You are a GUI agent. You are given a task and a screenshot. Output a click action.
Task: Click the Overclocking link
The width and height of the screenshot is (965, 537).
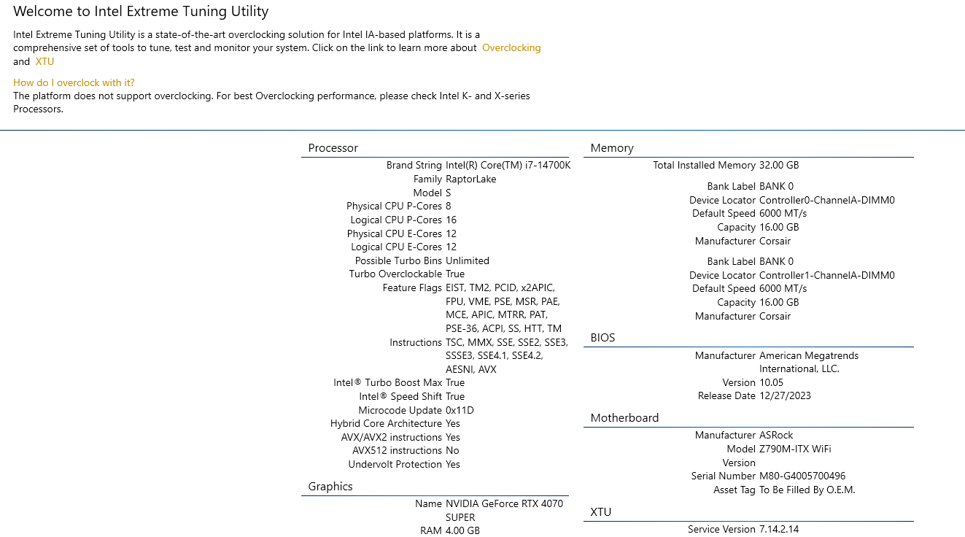[x=511, y=48]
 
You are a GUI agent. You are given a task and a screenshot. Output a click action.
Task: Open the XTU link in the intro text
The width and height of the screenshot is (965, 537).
[x=44, y=61]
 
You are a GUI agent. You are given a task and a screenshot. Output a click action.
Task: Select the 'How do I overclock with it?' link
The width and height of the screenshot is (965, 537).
[x=74, y=82]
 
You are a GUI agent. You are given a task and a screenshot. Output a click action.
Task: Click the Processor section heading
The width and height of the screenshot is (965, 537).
[x=333, y=148]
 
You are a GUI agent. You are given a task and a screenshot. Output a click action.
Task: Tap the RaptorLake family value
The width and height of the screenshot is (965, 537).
[x=471, y=179]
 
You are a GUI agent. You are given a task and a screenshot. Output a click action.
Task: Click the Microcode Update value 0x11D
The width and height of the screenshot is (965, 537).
[x=460, y=410]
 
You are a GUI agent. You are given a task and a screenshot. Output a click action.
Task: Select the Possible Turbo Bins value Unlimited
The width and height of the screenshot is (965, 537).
[x=468, y=260]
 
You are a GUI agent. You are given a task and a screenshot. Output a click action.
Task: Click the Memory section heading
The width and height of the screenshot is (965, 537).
[x=612, y=148]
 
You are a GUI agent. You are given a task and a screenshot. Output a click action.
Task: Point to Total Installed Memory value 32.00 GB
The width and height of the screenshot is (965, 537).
[x=779, y=166]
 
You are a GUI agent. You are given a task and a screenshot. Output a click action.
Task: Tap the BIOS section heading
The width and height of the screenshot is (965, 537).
[x=602, y=338]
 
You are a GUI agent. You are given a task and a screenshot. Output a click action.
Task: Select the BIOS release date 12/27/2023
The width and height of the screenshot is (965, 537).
[x=785, y=396]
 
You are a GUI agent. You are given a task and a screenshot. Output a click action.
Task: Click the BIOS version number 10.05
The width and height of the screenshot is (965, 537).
[x=771, y=383]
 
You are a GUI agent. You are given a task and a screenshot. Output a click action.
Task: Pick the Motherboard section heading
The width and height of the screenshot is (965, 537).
[x=624, y=418]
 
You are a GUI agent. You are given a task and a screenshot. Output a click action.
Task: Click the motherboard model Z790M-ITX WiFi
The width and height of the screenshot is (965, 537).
[x=795, y=449]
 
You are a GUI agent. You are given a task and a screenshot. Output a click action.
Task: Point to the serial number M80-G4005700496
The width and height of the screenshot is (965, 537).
[x=802, y=476]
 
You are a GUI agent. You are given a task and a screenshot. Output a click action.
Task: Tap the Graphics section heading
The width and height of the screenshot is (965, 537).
[x=330, y=487]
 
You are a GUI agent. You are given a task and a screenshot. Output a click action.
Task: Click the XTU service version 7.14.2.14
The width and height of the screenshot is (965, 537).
[x=779, y=529]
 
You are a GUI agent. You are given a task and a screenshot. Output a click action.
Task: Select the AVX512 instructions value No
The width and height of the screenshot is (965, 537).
[x=452, y=451]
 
